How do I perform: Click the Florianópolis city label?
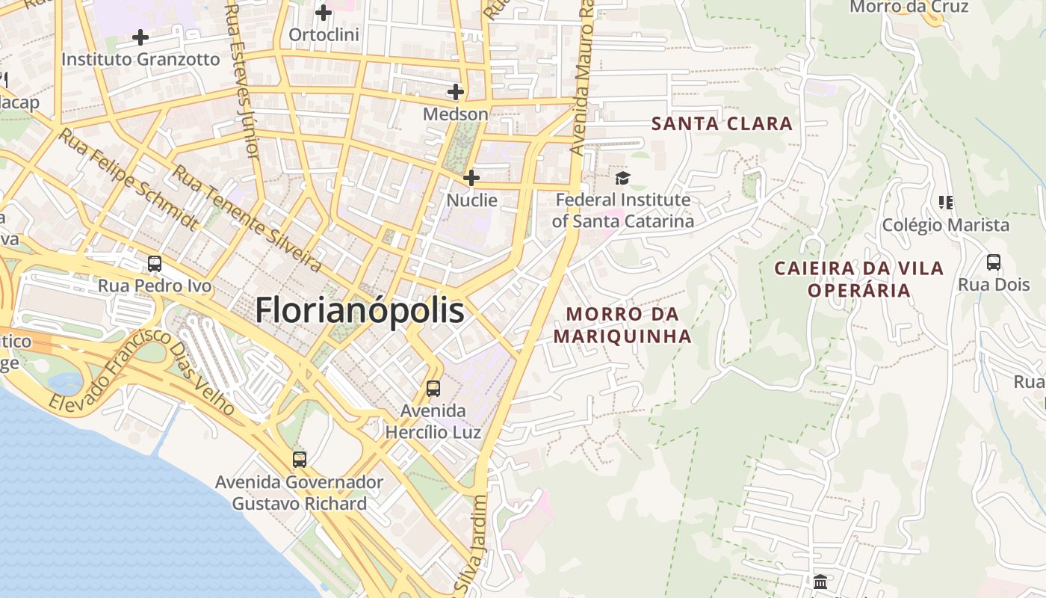pos(359,311)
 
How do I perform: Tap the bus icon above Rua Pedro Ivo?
pos(155,264)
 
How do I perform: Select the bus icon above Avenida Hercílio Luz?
pos(433,389)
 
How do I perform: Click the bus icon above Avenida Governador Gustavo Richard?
pos(300,460)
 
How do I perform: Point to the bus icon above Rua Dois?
pos(994,262)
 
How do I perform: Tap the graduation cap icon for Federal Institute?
pos(622,178)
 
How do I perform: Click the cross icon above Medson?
pos(455,92)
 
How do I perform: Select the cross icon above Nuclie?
pos(471,178)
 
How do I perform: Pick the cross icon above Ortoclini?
pos(324,13)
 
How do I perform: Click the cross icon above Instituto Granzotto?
pos(140,37)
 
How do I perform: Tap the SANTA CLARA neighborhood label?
pos(722,124)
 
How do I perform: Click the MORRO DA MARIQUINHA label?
pos(622,325)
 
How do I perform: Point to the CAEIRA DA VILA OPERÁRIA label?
pos(859,279)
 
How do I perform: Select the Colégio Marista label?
pos(946,225)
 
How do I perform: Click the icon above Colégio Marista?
pos(946,203)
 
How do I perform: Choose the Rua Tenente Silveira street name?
pos(247,219)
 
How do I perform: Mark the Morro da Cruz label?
pos(909,7)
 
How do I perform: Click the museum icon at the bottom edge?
pos(820,582)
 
